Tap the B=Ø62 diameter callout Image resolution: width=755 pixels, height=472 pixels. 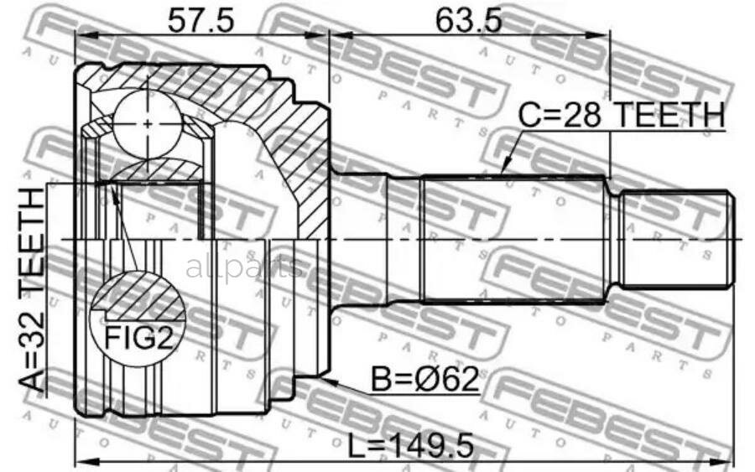[x=424, y=381]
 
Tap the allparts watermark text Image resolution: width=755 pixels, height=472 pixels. [x=242, y=267]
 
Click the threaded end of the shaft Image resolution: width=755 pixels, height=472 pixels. [x=676, y=238]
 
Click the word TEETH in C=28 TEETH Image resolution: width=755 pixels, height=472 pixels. [x=671, y=115]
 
